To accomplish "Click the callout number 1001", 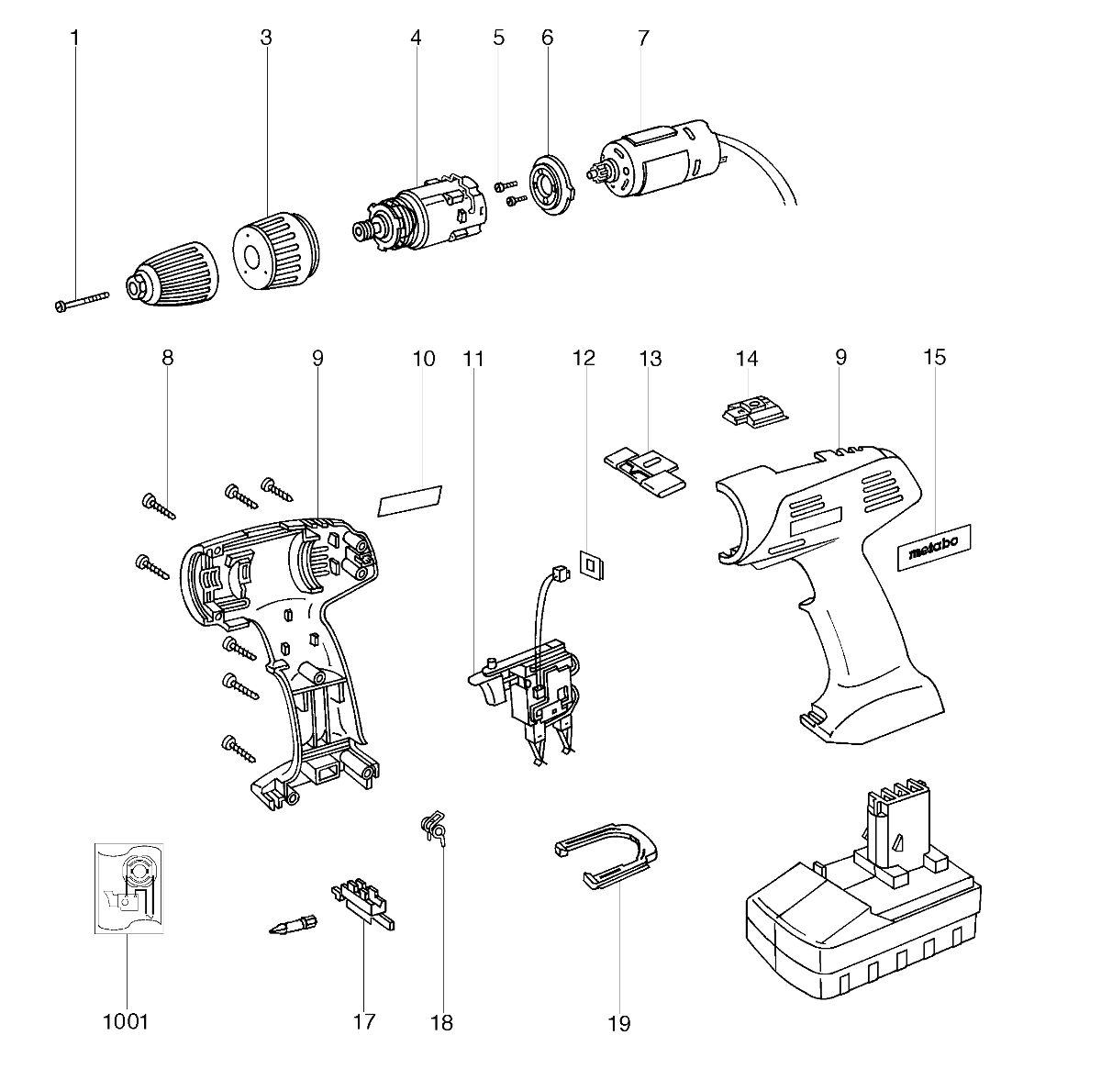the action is pos(126,1021).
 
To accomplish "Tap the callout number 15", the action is pos(935,357).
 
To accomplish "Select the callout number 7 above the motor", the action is pos(643,39).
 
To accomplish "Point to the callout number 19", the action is pos(619,1023).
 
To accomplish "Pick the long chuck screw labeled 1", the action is pos(83,301).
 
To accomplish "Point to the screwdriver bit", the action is pos(293,925).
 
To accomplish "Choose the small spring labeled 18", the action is pos(433,827).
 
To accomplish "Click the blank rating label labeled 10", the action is pos(409,501).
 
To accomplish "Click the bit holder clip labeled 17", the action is pos(363,904).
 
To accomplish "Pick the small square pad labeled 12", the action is pos(593,564).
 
